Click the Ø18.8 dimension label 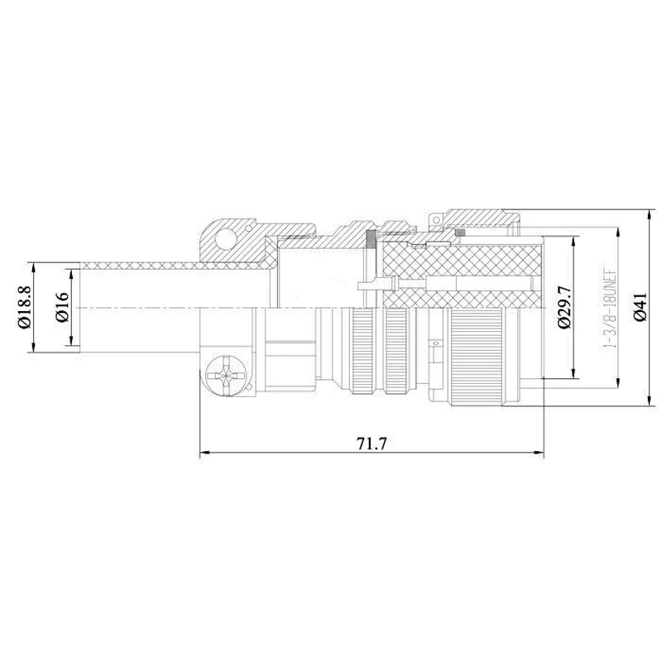click(x=25, y=307)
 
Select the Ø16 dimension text click(x=62, y=307)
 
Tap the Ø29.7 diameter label click(x=564, y=307)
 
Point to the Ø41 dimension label click(x=640, y=307)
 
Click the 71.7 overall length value click(x=372, y=444)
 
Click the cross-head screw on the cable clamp click(x=226, y=376)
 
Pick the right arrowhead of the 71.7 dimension click(x=540, y=453)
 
